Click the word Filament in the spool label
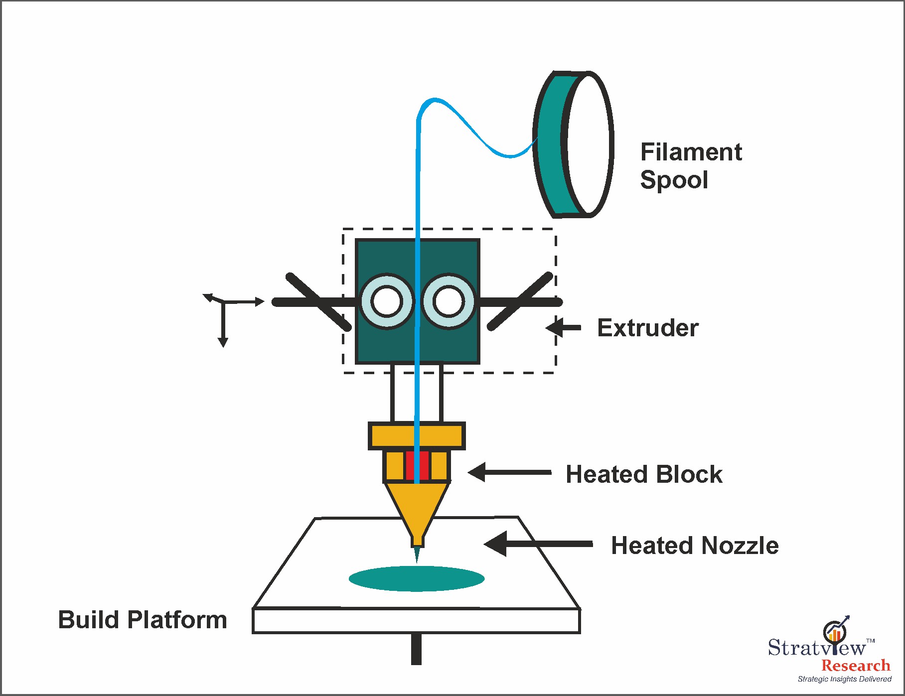coord(691,152)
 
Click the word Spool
coord(674,180)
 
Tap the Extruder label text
coord(647,328)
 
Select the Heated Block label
coord(643,474)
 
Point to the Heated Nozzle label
coord(694,546)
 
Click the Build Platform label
coord(143,620)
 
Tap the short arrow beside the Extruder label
coord(564,328)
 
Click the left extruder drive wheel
coord(387,301)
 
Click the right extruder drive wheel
coord(449,301)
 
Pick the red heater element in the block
coord(417,466)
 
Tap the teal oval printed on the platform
coord(417,578)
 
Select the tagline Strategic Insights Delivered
coord(844,679)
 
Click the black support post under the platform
coord(416,649)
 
